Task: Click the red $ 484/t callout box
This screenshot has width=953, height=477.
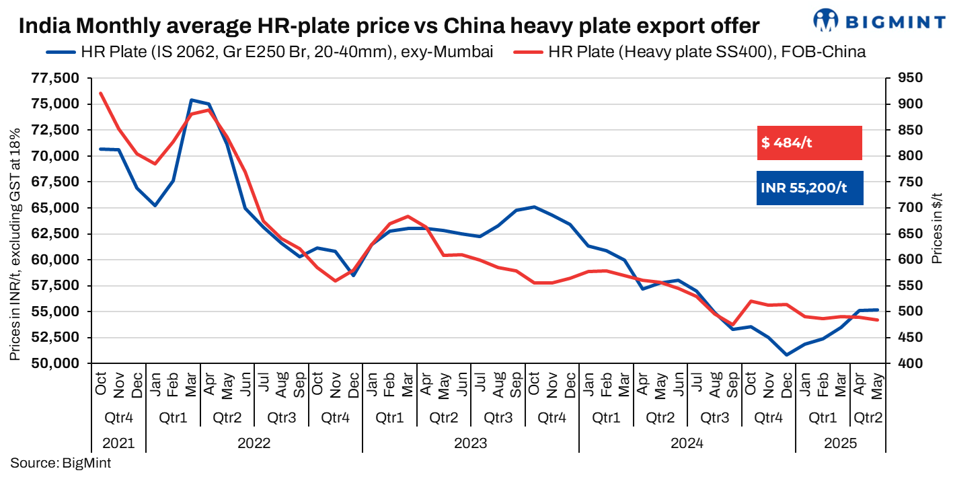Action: [809, 143]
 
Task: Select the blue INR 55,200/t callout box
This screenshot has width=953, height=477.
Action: [809, 188]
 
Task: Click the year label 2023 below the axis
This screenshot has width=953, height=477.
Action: [470, 443]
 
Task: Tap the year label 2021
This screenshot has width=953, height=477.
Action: [118, 443]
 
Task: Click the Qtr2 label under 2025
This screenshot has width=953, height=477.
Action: [868, 417]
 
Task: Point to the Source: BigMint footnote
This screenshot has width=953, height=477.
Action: [61, 463]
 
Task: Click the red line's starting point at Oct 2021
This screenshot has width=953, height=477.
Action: [100, 93]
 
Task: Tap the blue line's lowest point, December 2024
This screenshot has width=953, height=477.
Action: [786, 355]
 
